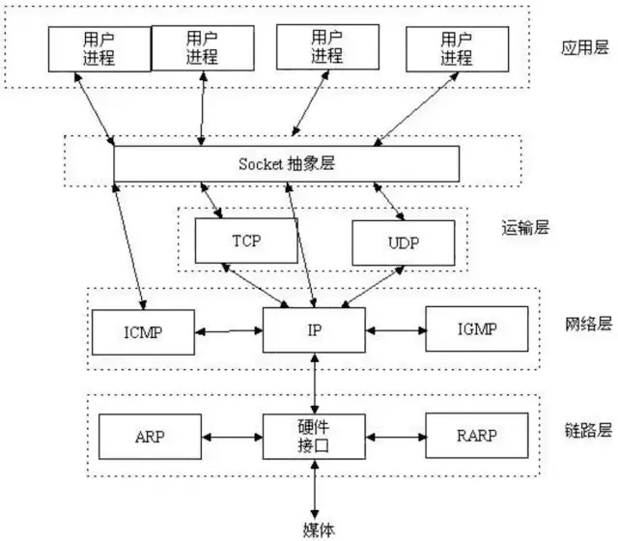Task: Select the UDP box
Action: click(402, 242)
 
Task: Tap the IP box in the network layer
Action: click(315, 331)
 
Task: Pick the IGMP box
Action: click(476, 331)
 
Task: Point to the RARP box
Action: click(476, 436)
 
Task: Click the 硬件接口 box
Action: click(315, 437)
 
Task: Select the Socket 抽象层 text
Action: click(287, 163)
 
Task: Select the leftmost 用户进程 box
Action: click(99, 48)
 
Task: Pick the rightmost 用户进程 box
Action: click(457, 48)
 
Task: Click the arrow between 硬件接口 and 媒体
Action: click(315, 489)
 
